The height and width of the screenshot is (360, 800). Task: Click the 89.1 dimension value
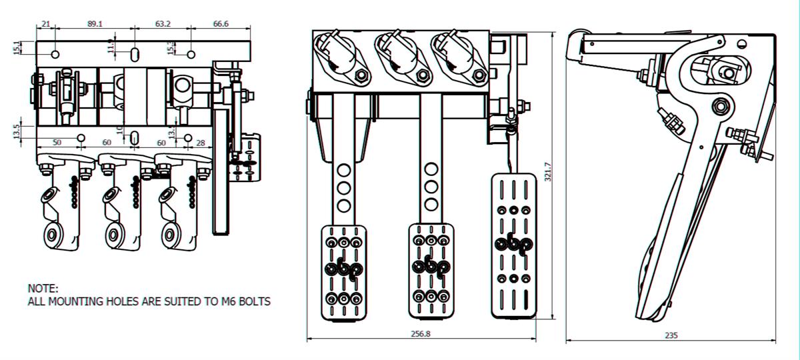pyautogui.click(x=95, y=23)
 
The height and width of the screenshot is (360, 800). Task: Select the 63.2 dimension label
pyautogui.click(x=163, y=23)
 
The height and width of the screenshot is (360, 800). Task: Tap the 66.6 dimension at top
pyautogui.click(x=221, y=23)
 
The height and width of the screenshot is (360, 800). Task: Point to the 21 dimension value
pyautogui.click(x=45, y=23)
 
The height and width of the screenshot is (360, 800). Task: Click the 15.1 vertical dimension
pyautogui.click(x=17, y=48)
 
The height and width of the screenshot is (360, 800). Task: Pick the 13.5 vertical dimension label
pyautogui.click(x=17, y=131)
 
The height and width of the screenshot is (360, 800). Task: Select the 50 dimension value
pyautogui.click(x=57, y=143)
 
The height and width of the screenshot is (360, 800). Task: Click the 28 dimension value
pyautogui.click(x=200, y=143)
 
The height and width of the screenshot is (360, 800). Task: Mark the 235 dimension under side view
pyautogui.click(x=671, y=335)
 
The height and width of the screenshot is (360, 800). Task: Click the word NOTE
pyautogui.click(x=43, y=289)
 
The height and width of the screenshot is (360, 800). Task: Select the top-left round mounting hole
pyautogui.click(x=55, y=53)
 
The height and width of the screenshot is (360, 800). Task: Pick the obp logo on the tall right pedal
pyautogui.click(x=513, y=244)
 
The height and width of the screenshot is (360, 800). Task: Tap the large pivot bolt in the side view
pyautogui.click(x=720, y=105)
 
